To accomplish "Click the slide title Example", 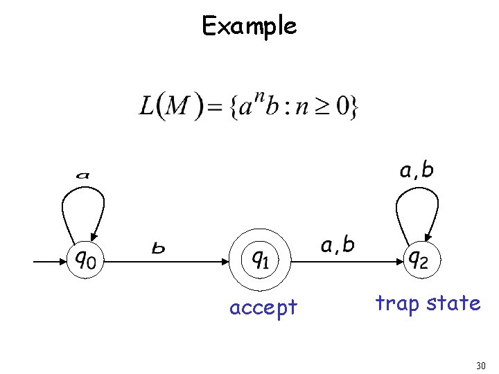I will tap(249, 26).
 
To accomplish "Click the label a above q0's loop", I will tap(83, 176).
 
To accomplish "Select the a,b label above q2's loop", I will tap(417, 170).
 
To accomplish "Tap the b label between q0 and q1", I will tap(159, 247).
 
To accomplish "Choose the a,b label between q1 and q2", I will tap(338, 244).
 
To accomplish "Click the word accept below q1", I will tap(263, 307).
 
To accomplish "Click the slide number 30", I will tap(481, 366).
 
